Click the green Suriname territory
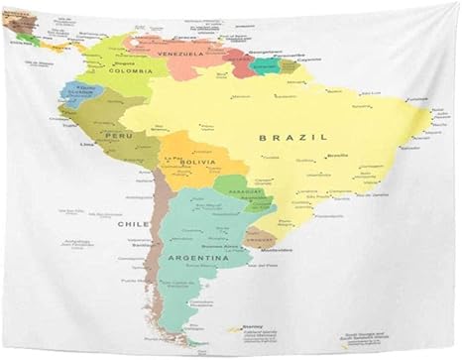coord(267,66)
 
